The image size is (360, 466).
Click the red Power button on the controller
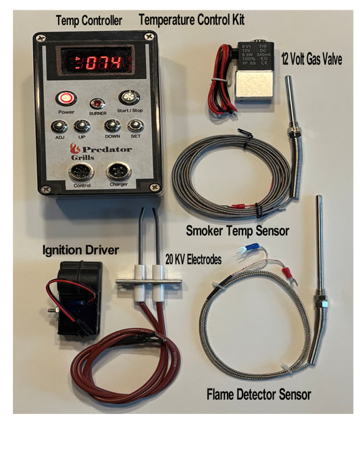(x=66, y=98)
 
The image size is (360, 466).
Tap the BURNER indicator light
(x=98, y=103)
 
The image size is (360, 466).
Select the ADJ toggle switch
(x=59, y=126)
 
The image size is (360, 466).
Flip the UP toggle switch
(x=82, y=126)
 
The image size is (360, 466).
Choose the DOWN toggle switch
(x=112, y=126)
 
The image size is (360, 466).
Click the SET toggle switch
(x=136, y=126)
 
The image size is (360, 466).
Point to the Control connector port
(x=81, y=170)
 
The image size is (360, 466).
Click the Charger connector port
(x=118, y=170)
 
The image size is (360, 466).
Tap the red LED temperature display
(x=100, y=63)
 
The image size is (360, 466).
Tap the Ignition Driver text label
(x=80, y=251)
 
